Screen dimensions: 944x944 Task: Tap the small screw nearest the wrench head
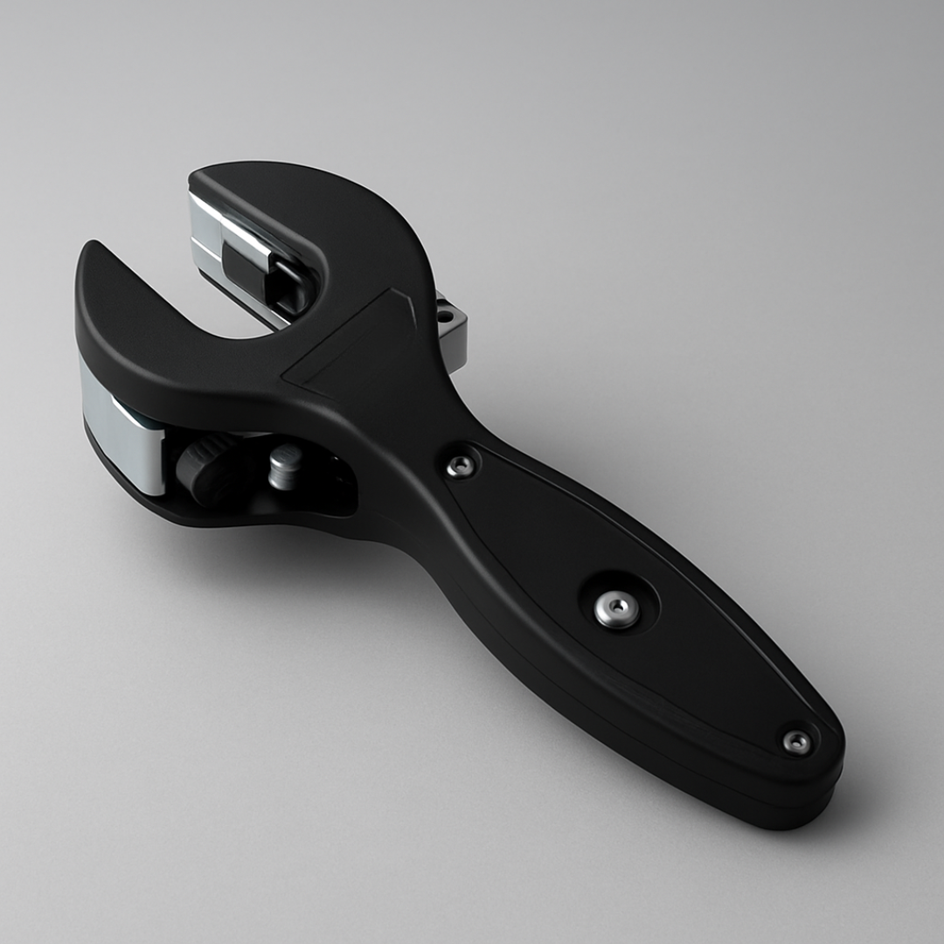click(x=462, y=466)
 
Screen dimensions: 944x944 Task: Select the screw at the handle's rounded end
click(x=796, y=742)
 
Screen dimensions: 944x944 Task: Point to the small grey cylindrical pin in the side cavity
click(x=285, y=465)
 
